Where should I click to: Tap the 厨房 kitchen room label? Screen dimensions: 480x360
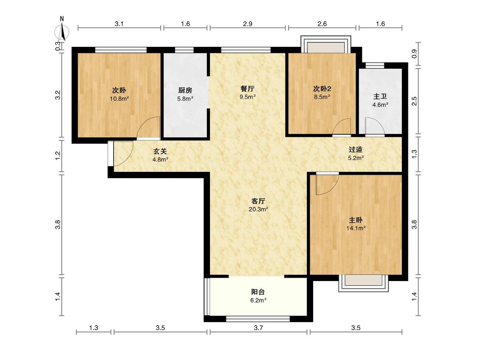(185, 90)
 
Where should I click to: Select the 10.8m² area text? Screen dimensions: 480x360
(119, 99)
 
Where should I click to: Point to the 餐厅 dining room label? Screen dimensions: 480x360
(247, 89)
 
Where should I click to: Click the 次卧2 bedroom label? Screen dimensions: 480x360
(322, 89)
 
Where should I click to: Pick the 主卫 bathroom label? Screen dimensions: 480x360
(380, 96)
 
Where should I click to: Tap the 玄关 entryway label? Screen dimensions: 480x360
(160, 151)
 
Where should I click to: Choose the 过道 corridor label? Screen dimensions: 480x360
(356, 150)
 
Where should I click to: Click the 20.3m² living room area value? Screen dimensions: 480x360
(259, 209)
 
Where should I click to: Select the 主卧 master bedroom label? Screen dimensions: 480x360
(356, 220)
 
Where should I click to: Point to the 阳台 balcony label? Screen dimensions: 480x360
(258, 292)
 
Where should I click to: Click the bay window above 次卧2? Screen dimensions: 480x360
(326, 44)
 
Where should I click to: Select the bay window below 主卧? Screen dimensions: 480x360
(364, 283)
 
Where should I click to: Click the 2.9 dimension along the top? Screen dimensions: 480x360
(247, 24)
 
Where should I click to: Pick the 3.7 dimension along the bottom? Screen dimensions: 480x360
(259, 328)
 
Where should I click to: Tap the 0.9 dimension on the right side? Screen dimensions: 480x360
(414, 54)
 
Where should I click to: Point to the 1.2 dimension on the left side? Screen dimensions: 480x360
(58, 155)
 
